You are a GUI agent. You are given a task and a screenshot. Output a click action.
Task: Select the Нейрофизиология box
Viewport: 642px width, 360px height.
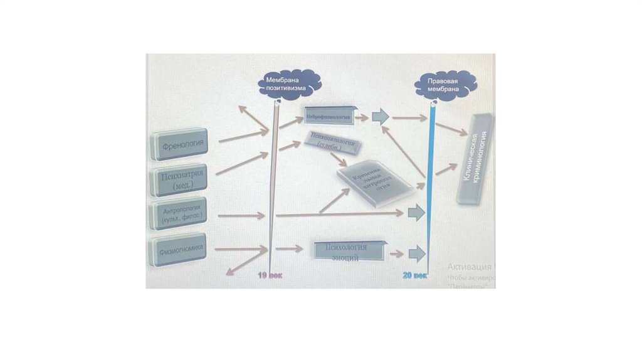coord(329,116)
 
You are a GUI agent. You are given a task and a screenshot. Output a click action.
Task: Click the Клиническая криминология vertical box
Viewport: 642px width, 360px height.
coord(475,159)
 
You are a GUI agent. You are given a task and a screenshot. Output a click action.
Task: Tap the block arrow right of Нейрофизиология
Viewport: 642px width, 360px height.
coord(380,116)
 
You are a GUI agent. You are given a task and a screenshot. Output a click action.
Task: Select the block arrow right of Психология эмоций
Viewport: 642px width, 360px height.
coord(416,253)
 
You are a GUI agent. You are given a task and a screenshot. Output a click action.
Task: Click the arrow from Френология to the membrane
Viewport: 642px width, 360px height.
coord(243,135)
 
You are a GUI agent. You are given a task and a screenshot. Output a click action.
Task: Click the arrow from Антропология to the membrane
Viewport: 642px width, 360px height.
coord(241,216)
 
